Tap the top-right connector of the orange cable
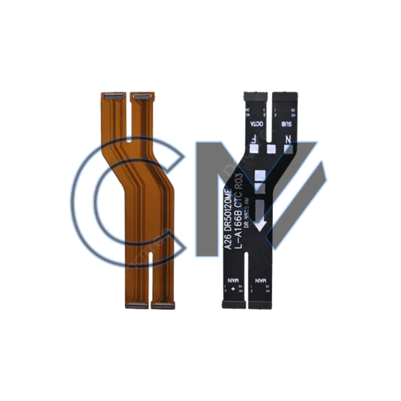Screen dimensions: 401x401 tap(144, 96)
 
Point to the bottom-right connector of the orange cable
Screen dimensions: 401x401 tap(159, 306)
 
